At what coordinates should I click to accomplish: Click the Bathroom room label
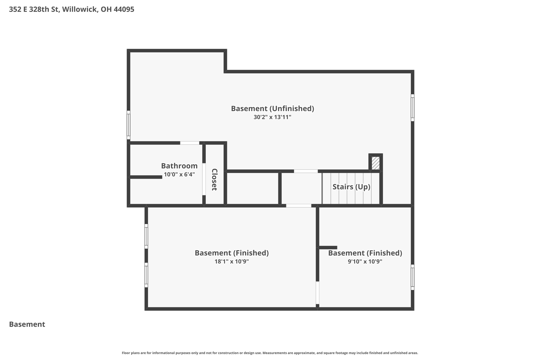[x=179, y=166]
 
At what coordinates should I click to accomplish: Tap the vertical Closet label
[x=214, y=180]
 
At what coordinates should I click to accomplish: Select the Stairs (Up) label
[x=351, y=187]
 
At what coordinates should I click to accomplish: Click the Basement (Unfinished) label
[x=272, y=109]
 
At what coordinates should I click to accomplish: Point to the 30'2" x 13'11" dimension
[x=272, y=117]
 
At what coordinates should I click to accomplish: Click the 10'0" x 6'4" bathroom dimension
[x=179, y=174]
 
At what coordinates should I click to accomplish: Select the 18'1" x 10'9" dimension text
[x=232, y=262]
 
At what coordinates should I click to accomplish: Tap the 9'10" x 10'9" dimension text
[x=365, y=262]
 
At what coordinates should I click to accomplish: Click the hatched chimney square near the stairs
[x=375, y=163]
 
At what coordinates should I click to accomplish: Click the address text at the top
[x=71, y=9]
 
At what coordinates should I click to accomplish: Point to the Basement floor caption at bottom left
[x=27, y=324]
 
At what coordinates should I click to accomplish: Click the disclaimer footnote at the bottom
[x=270, y=353]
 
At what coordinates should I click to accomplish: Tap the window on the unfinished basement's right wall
[x=412, y=108]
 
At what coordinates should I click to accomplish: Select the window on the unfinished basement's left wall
[x=129, y=125]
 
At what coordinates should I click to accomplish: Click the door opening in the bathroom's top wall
[x=190, y=143]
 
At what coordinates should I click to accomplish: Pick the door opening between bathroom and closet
[x=204, y=179]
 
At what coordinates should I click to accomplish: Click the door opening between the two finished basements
[x=317, y=293]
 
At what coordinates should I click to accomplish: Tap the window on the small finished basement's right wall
[x=412, y=277]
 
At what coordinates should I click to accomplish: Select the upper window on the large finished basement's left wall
[x=146, y=236]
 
